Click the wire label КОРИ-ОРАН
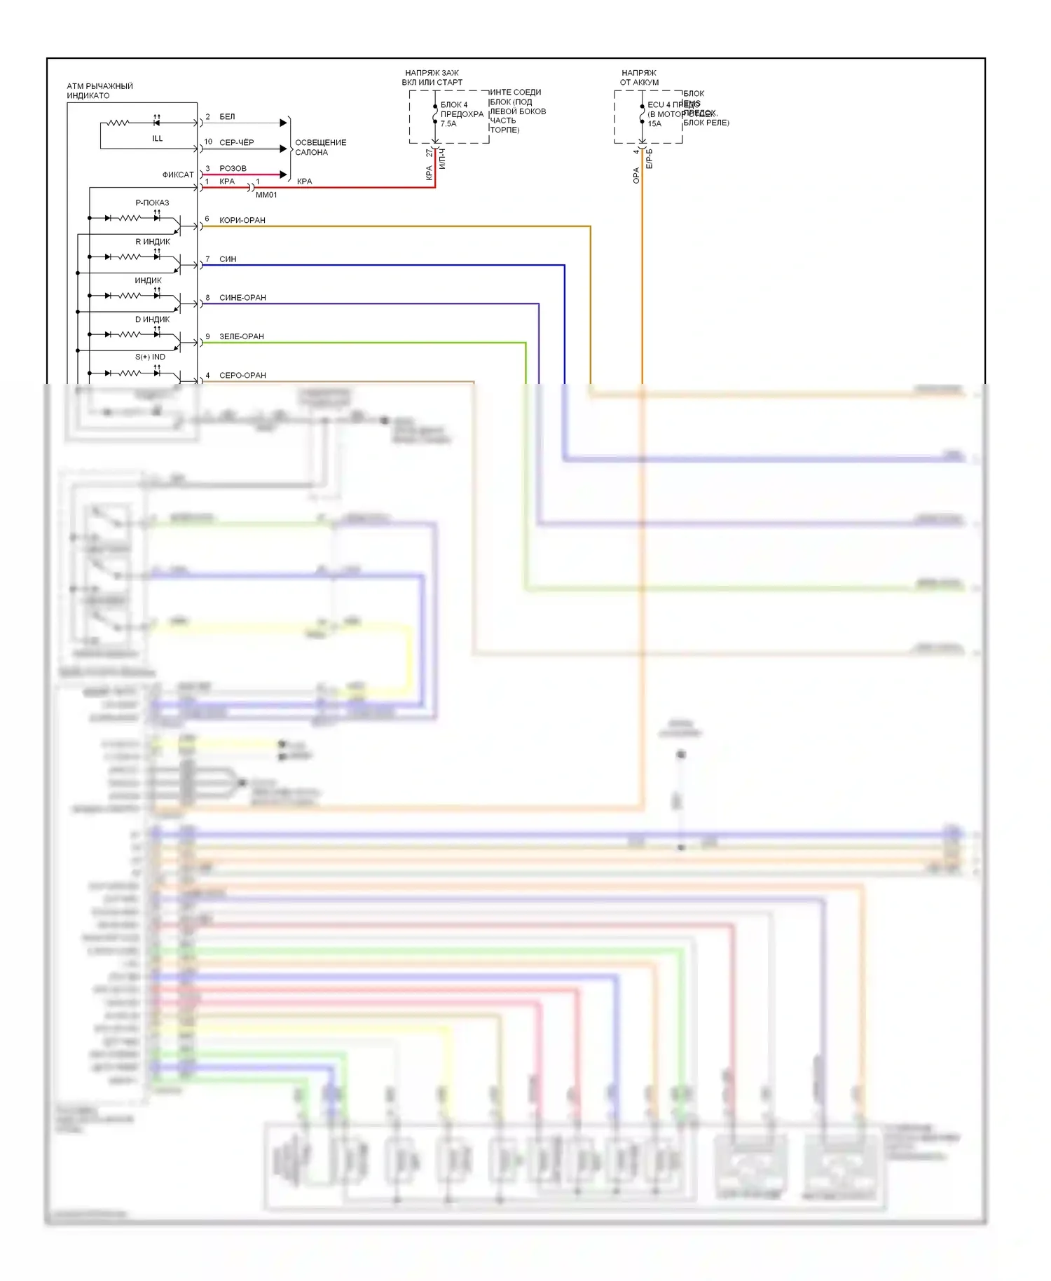(x=242, y=220)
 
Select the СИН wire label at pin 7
(x=228, y=259)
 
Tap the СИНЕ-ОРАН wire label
(x=242, y=298)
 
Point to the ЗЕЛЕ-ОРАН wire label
(x=242, y=336)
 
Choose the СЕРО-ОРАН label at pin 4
(x=242, y=375)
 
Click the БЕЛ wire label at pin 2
(x=227, y=116)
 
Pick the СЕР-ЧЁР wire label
(x=236, y=142)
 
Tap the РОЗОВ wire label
(x=233, y=168)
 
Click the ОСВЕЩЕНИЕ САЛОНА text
(x=320, y=147)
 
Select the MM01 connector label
(x=266, y=195)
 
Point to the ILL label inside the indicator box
(x=158, y=139)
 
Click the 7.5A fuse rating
(x=448, y=124)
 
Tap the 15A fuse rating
(x=654, y=124)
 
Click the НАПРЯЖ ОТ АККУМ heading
(x=639, y=77)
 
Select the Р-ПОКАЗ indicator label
(x=152, y=203)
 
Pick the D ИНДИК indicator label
(x=152, y=319)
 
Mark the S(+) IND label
(x=150, y=357)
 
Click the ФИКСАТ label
(x=178, y=174)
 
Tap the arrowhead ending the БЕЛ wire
(x=283, y=123)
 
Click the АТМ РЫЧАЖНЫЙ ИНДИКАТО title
(x=99, y=90)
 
